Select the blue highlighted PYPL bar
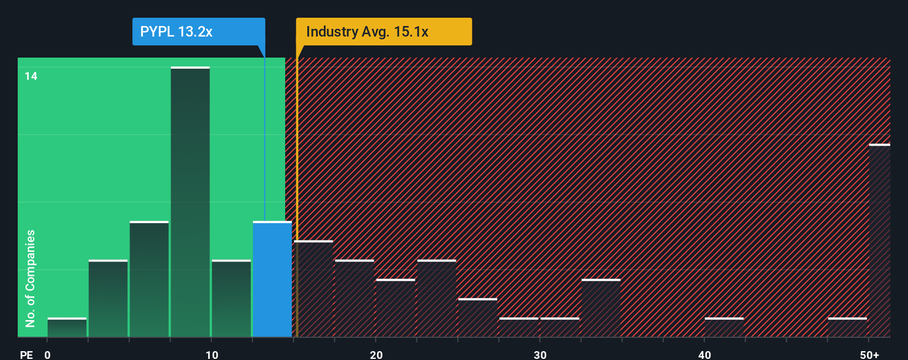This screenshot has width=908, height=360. [272, 280]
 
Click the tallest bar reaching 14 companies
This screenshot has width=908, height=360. [190, 202]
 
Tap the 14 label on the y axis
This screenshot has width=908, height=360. [31, 76]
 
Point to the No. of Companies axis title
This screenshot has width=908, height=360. [30, 278]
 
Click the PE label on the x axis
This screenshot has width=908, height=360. [26, 354]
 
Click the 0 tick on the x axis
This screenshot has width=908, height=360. [48, 354]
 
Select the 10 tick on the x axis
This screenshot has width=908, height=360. [211, 354]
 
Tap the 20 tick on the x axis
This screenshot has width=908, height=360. [376, 354]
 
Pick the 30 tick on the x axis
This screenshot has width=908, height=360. [540, 354]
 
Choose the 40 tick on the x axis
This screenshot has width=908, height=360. [704, 354]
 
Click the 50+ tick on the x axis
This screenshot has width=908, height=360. [869, 354]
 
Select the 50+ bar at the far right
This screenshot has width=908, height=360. [879, 241]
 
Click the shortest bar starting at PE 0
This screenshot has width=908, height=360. [67, 327]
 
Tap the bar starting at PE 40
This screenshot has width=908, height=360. [724, 327]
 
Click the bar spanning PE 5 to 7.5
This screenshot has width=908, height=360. [149, 280]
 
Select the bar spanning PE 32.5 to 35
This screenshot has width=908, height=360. [601, 308]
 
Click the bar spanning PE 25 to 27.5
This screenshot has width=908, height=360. [478, 318]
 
